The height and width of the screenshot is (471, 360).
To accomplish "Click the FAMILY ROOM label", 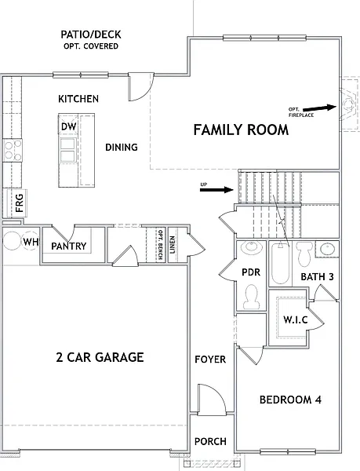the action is point(241,130).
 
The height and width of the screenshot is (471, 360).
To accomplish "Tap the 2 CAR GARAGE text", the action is point(100,357).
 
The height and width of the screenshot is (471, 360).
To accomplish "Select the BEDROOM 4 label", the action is point(290,400).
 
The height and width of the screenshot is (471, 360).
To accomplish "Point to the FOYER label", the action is point(210,360).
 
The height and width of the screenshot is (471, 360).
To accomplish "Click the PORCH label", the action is point(210,441).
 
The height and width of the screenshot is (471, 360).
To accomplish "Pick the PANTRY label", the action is point(69,246).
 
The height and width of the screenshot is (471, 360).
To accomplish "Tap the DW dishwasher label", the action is point(69,126).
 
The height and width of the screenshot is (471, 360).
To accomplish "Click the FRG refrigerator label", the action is point(19,203).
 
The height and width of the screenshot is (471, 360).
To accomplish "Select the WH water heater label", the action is point(31,242).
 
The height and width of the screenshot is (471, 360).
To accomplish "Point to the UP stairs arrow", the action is point(216,189).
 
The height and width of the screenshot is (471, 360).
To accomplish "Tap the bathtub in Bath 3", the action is point(280,263).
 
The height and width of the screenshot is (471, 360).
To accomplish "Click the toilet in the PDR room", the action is point(252,297).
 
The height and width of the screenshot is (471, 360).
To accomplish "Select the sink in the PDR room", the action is point(252,247).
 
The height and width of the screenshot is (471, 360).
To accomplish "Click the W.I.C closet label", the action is point(296,319).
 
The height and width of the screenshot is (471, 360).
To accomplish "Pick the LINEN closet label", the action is point(173,245).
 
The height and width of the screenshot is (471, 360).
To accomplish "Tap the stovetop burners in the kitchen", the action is point(13,151).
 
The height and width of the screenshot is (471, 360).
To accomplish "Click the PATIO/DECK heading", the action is point(91,35).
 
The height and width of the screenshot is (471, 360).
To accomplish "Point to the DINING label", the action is point(122,148).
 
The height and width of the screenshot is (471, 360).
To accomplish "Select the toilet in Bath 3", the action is point(304,254).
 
